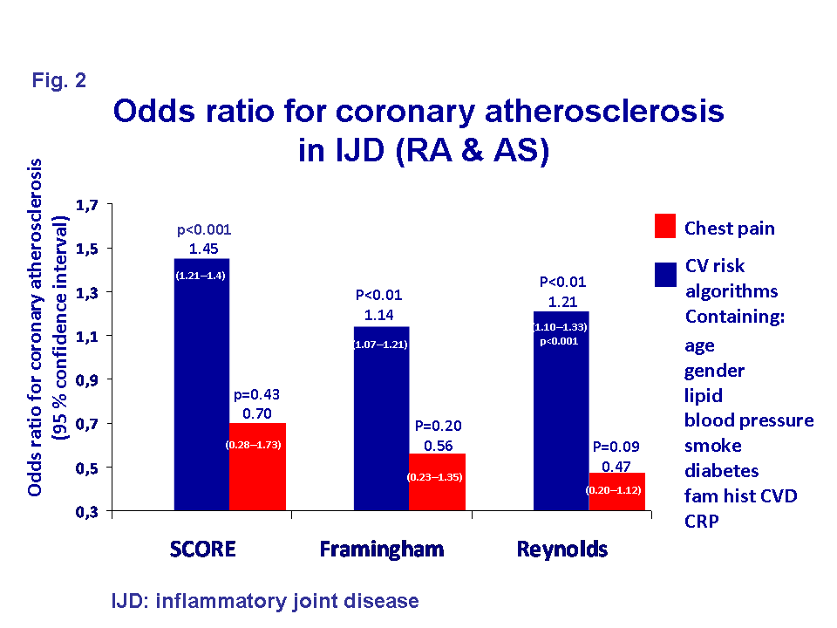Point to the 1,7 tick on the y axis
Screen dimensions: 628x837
coord(90,205)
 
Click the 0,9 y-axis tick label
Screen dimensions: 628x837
coord(90,380)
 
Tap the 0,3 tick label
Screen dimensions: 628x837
coord(90,511)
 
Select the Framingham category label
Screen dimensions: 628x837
coord(382,549)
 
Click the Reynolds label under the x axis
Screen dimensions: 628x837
coord(562,549)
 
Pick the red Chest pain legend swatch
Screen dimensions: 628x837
coord(665,228)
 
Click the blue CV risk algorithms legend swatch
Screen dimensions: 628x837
coord(665,275)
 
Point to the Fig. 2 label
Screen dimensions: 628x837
coord(59,81)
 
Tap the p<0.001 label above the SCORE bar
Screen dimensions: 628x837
coord(204,230)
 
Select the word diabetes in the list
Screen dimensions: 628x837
coord(721,471)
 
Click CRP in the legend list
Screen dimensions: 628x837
coord(701,522)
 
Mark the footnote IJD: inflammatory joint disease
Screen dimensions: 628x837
coord(265,601)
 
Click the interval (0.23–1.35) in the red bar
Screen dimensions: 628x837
coord(434,478)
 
